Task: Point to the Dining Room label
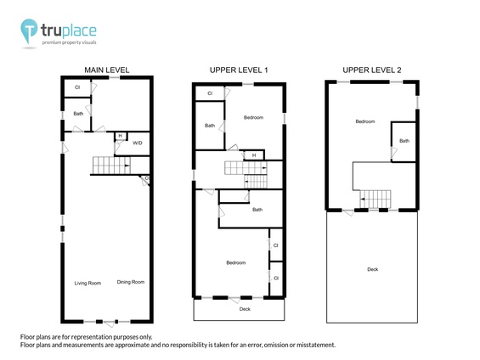point(131,283)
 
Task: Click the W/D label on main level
point(138,143)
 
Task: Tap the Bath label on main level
point(78,114)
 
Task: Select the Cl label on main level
point(77,87)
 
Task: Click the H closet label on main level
point(120,137)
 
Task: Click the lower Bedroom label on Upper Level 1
point(235,263)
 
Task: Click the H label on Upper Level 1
point(252,155)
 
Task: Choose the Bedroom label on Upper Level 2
point(365,121)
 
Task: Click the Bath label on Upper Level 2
point(404,141)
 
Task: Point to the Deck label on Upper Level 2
point(372,269)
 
